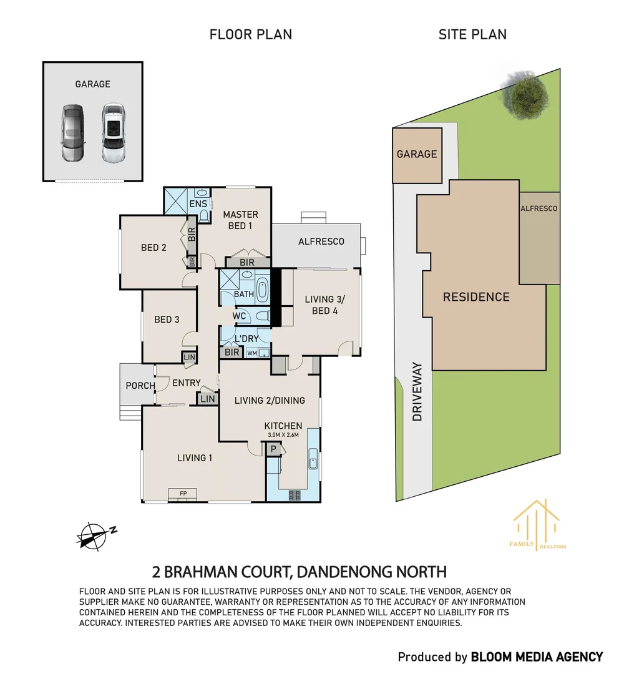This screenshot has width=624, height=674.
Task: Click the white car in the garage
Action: click(114, 132)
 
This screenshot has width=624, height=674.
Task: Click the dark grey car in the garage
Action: click(73, 132)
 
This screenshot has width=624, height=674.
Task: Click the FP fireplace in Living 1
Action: click(183, 494)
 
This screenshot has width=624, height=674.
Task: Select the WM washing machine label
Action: click(252, 353)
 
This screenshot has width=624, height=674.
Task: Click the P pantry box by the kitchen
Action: click(273, 449)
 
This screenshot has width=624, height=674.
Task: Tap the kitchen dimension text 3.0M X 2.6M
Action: click(283, 434)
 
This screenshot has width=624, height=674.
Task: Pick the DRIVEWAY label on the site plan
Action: click(417, 391)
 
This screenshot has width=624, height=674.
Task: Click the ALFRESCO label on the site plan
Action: click(539, 208)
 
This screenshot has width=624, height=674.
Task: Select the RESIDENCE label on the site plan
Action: click(476, 297)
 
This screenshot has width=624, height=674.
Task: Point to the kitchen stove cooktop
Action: click(295, 495)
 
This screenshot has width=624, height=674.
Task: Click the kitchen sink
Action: click(313, 459)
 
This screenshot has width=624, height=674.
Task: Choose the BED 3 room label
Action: click(167, 320)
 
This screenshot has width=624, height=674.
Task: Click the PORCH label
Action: click(140, 386)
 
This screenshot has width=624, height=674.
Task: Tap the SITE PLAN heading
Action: click(472, 34)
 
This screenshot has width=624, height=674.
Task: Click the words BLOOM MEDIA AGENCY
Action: click(537, 657)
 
